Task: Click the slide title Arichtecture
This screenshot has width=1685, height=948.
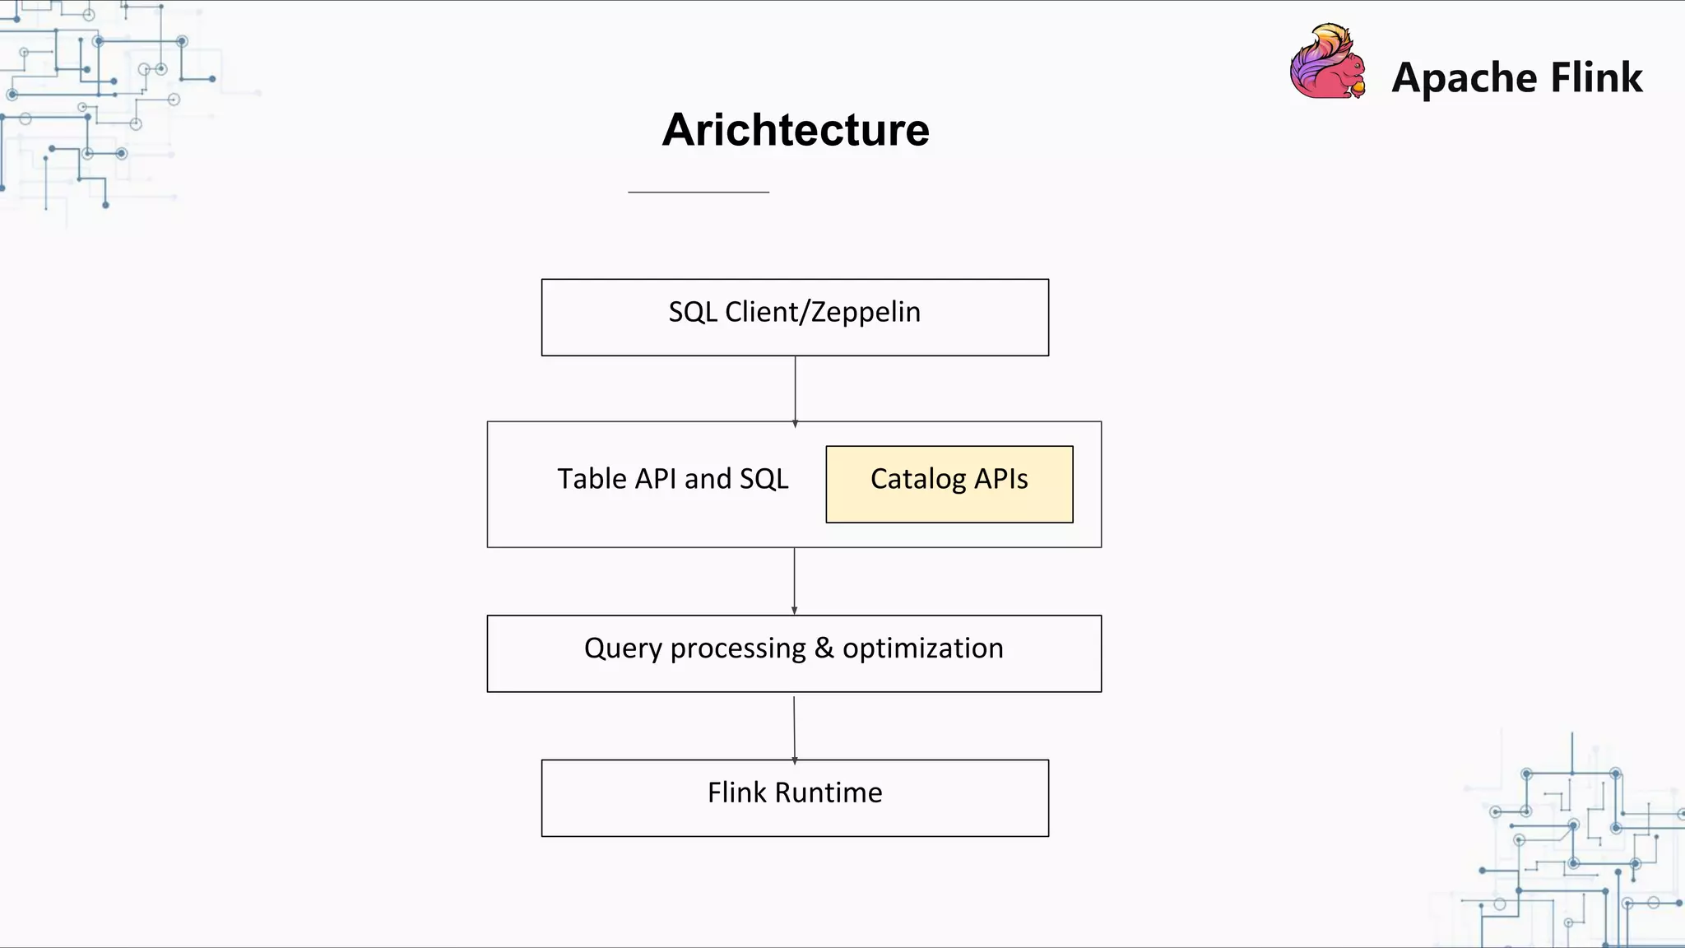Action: point(796,130)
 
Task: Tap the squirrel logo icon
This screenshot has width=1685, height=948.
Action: point(1327,64)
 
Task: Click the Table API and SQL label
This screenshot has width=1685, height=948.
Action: point(672,479)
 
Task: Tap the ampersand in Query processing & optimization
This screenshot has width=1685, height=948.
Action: point(824,648)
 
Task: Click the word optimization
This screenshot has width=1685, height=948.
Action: point(922,648)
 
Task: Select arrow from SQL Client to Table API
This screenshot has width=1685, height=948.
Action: point(795,390)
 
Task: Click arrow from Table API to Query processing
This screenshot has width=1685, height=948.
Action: point(794,581)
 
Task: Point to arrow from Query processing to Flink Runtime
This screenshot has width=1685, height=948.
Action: point(794,727)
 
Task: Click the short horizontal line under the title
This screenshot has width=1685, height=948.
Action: point(698,192)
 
